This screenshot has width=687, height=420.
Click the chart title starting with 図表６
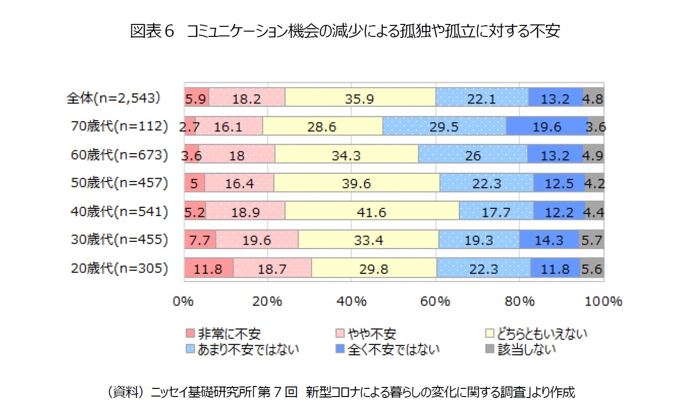click(x=345, y=31)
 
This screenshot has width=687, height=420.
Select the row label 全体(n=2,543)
click(x=113, y=98)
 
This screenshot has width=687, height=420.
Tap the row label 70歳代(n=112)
click(x=119, y=126)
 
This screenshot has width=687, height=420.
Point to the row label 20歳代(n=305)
click(x=119, y=268)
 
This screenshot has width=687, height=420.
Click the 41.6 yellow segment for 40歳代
click(x=372, y=212)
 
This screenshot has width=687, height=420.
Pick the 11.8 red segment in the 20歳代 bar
click(x=208, y=269)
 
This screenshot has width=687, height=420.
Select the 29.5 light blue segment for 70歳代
click(x=444, y=127)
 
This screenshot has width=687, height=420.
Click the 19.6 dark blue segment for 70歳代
click(x=547, y=127)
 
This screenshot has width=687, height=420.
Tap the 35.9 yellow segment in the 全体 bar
click(x=360, y=98)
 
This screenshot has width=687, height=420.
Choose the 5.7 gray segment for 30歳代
click(x=591, y=240)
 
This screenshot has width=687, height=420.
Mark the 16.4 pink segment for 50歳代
click(x=239, y=183)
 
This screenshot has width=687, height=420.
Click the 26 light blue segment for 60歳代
click(x=473, y=155)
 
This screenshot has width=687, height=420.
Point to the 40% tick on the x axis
click(x=352, y=301)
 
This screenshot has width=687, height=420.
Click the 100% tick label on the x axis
click(x=603, y=301)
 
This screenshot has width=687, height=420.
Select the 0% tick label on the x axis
click(x=183, y=301)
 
